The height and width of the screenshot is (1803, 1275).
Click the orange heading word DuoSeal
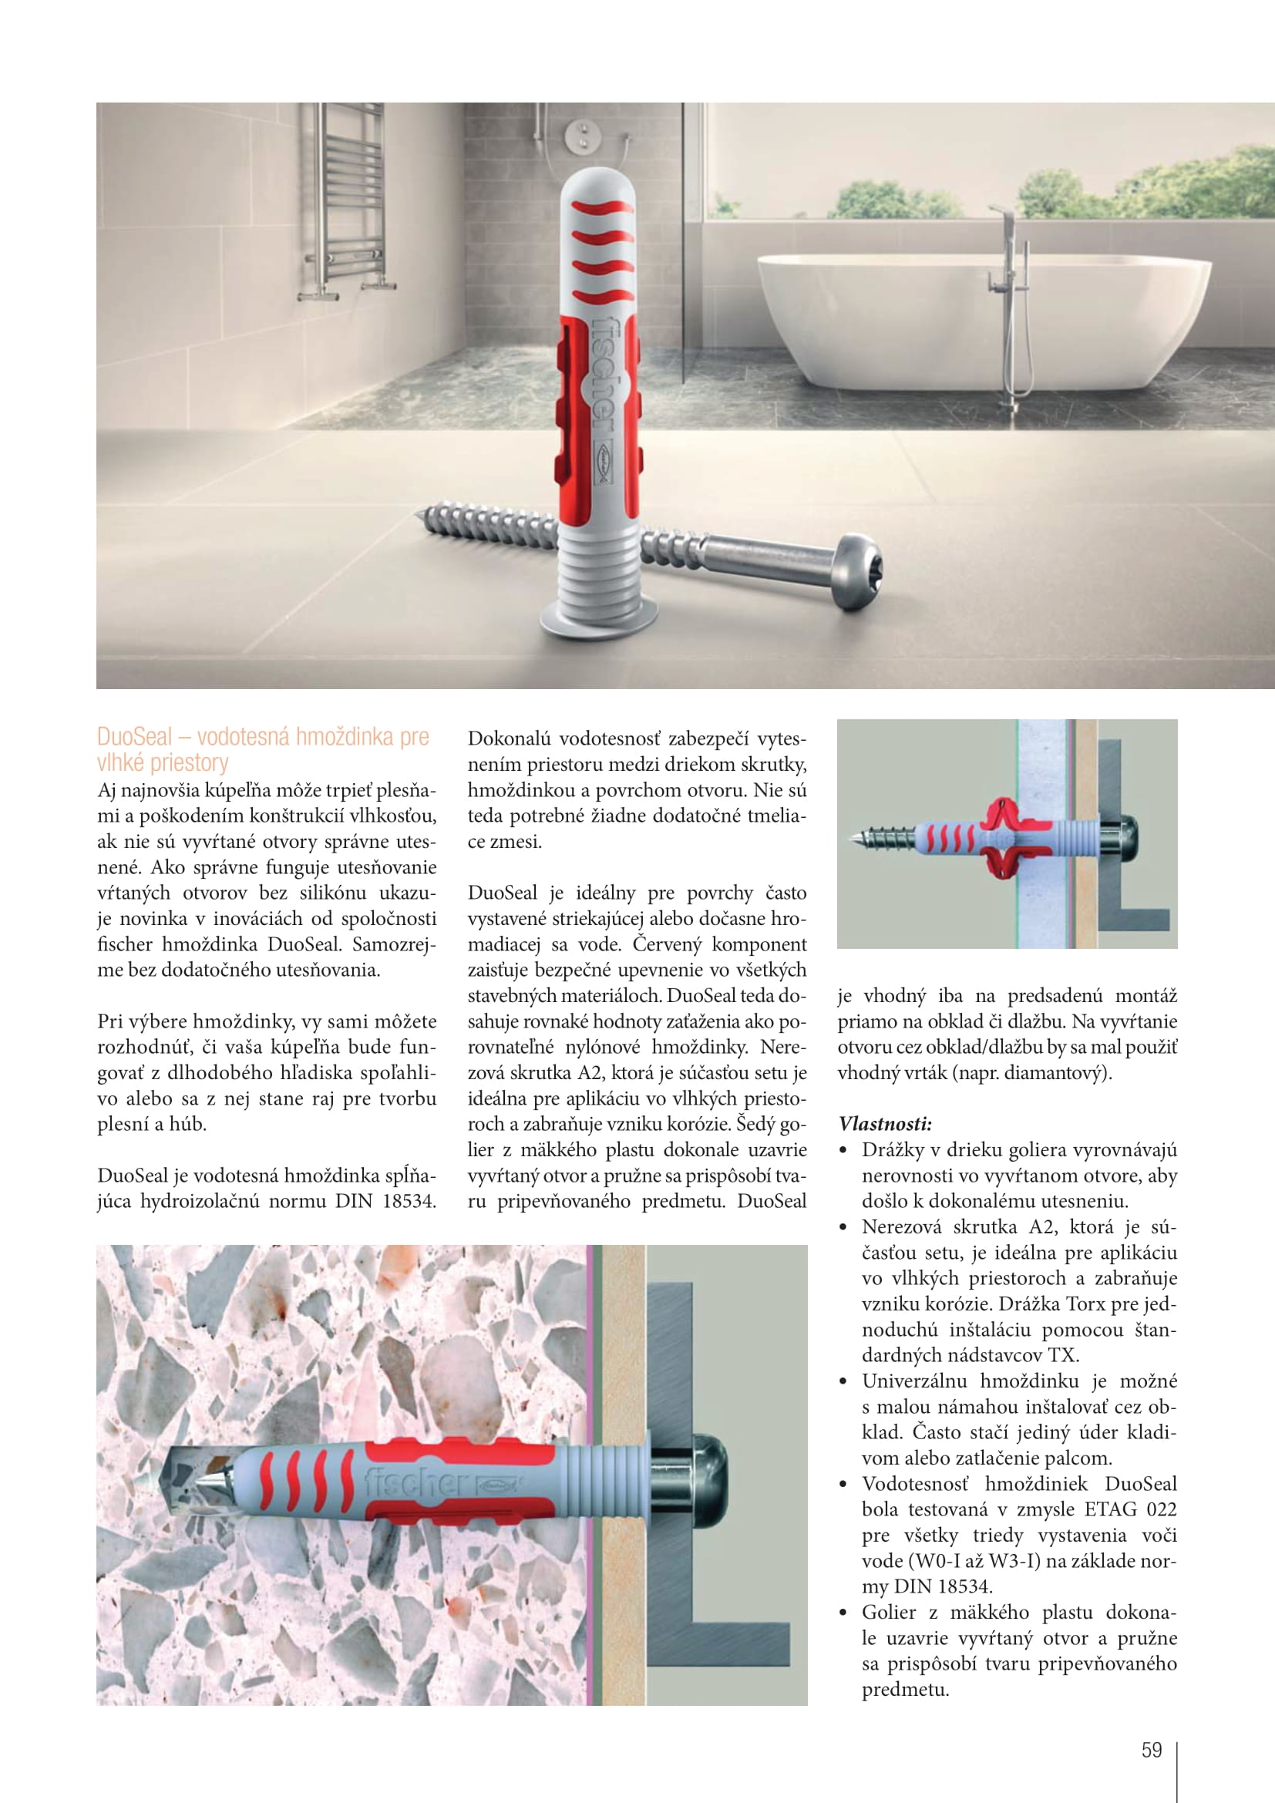click(x=134, y=737)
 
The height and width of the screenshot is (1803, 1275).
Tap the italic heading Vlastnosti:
click(x=885, y=1124)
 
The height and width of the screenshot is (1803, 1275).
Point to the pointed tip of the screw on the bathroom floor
click(x=421, y=515)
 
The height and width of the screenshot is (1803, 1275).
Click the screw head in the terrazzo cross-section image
click(x=703, y=1481)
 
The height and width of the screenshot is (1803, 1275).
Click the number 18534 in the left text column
click(x=409, y=1201)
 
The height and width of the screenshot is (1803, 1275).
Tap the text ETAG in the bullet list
click(x=1111, y=1509)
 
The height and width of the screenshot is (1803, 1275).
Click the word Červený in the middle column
click(x=667, y=944)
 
